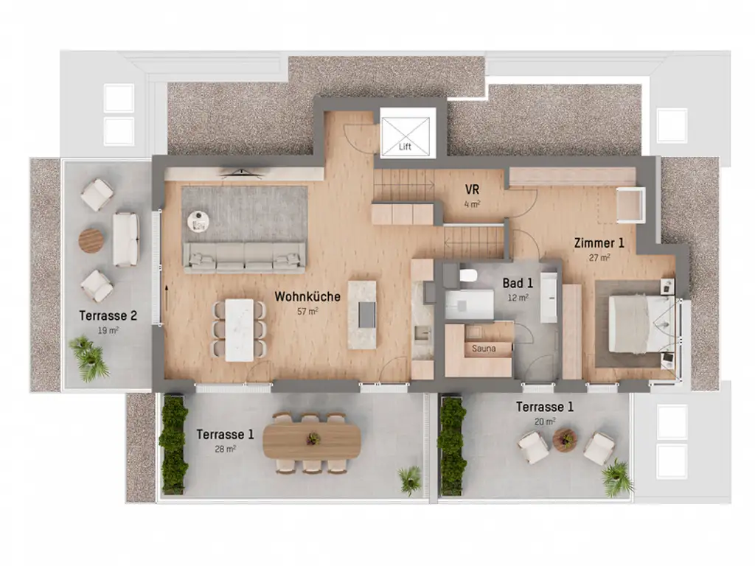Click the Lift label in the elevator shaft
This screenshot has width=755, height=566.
coord(405,147)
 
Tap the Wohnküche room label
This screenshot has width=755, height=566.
coord(307,297)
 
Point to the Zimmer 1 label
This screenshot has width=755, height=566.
coord(599,242)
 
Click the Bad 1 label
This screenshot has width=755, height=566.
coord(518,283)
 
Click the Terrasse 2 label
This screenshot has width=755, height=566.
coord(108,316)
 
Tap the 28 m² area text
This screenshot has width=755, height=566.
coord(226,448)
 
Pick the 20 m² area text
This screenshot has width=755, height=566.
coord(545,422)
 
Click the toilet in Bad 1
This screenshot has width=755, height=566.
coord(467,276)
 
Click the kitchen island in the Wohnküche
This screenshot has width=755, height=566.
coord(366,312)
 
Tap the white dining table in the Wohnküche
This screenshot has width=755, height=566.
coord(239,329)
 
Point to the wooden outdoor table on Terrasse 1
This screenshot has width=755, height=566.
coord(313,440)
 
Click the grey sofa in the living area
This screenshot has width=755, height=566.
coord(245,258)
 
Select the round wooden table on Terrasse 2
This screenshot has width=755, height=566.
coord(91,240)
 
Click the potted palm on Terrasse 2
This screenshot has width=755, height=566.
coord(90,359)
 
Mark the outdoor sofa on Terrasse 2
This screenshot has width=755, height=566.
coord(125,239)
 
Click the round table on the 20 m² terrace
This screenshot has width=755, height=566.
coord(564,440)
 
